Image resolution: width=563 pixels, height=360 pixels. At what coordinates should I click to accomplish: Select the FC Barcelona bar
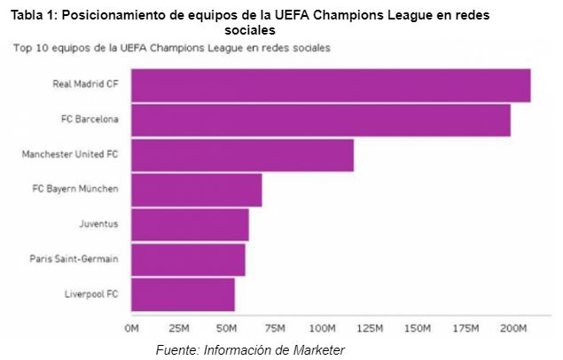320,120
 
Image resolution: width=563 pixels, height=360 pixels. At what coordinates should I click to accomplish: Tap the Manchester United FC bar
242,154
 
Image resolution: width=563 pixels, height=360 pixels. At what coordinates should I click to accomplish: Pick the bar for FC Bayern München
196,190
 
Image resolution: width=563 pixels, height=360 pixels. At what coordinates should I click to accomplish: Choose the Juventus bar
189,224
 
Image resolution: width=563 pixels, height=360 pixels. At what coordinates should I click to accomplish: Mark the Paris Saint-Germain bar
187,259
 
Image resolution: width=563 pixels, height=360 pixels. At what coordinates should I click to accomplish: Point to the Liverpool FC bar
183,294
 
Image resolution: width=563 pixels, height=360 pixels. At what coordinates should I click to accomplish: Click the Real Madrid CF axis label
85,84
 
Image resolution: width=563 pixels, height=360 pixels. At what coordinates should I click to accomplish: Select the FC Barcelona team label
90,119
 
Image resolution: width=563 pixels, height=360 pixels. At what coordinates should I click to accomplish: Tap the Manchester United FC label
69,154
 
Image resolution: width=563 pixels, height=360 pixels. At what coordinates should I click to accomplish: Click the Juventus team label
98,224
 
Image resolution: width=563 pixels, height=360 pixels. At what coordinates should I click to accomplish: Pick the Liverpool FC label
90,294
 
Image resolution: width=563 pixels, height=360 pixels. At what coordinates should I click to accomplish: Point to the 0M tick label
132,329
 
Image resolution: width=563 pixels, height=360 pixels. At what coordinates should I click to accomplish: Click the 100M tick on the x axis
323,329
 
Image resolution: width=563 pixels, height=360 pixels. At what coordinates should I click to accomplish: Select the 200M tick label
513,329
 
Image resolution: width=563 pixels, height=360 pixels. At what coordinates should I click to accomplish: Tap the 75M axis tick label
275,329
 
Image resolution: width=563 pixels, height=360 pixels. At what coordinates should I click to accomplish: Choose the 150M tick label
418,329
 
